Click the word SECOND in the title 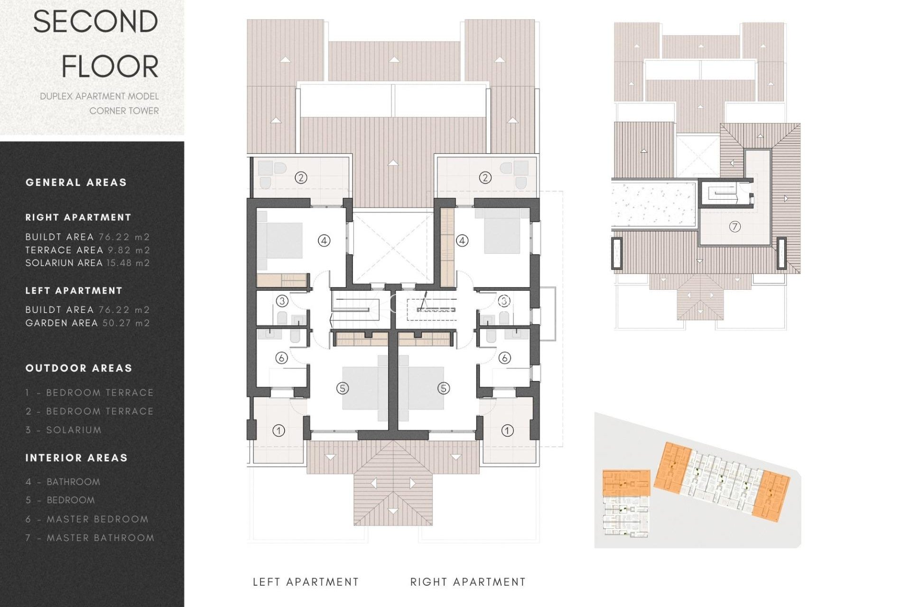coord(95,22)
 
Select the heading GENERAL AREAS coord(76,183)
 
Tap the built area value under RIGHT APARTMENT coord(124,237)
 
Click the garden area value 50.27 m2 coord(126,323)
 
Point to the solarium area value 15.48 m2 coord(128,263)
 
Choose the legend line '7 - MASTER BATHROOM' coord(90,538)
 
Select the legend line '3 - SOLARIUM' coord(64,430)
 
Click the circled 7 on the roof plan coord(734,227)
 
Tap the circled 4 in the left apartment coord(324,240)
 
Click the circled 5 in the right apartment coord(443,388)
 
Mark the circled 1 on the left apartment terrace coord(279,431)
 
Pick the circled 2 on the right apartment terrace coord(484,178)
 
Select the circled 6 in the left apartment coord(281,358)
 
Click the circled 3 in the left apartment coord(282,301)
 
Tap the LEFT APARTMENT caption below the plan coord(306,582)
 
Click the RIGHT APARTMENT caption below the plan coord(468,582)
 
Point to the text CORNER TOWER coord(124,110)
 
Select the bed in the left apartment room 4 coord(280,240)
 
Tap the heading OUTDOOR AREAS coord(79,368)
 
